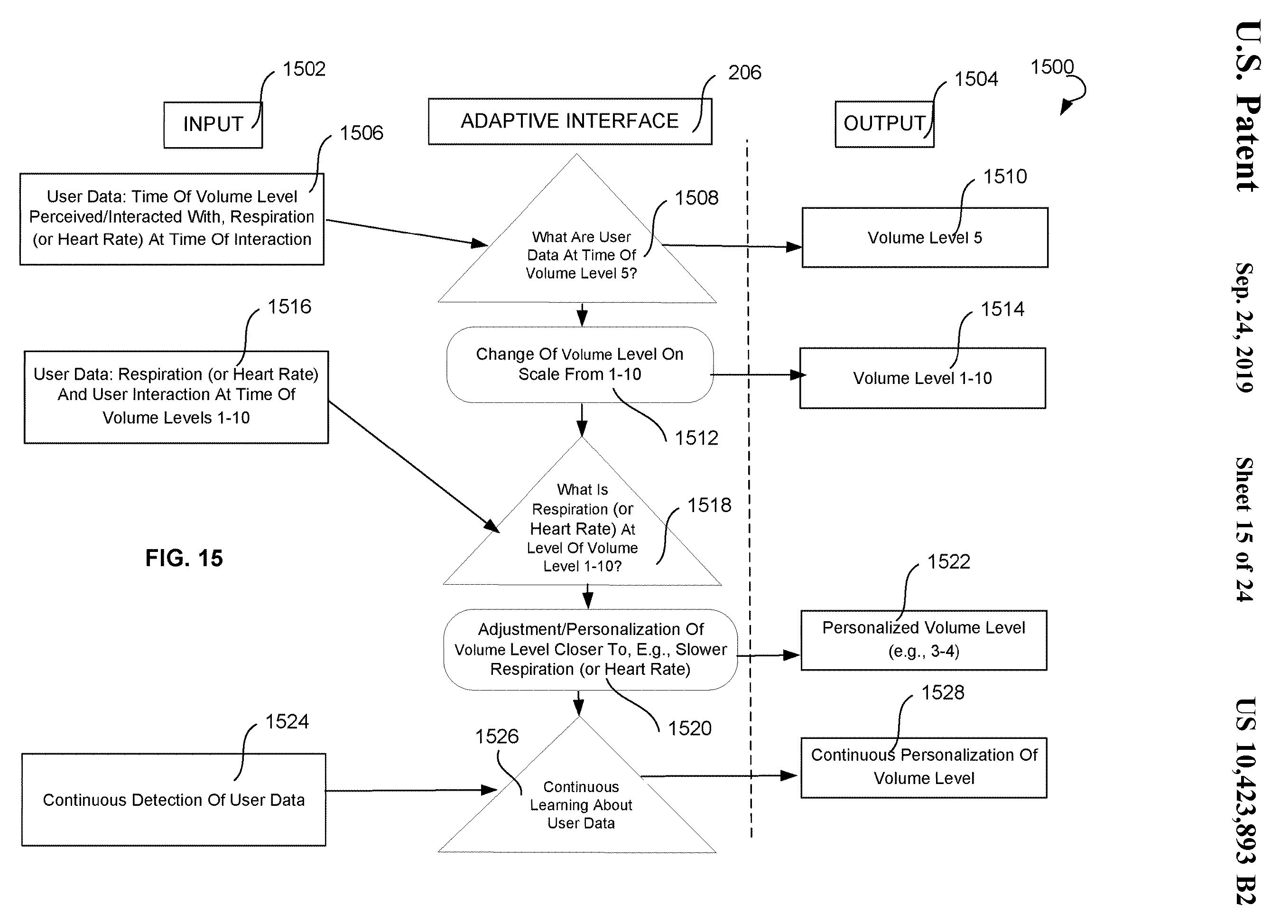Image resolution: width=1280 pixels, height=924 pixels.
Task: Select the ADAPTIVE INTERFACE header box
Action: pyautogui.click(x=569, y=121)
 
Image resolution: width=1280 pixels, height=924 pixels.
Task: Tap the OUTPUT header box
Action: pyautogui.click(x=884, y=124)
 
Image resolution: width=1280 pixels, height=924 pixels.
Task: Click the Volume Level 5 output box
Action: pyautogui.click(x=925, y=238)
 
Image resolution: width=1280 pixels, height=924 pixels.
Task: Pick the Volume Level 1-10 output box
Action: pyautogui.click(x=922, y=378)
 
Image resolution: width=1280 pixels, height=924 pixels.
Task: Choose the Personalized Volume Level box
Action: pyautogui.click(x=923, y=640)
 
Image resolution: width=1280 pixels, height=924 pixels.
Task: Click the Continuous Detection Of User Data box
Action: pyautogui.click(x=174, y=799)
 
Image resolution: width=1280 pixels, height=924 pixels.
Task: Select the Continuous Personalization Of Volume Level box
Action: pyautogui.click(x=923, y=768)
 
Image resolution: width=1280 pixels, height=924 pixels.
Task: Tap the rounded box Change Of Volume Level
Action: pyautogui.click(x=580, y=364)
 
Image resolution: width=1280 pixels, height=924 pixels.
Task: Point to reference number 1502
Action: pyautogui.click(x=304, y=69)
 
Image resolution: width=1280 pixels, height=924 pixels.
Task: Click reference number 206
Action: pyautogui.click(x=744, y=72)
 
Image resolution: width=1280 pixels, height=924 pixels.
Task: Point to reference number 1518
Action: pyautogui.click(x=709, y=505)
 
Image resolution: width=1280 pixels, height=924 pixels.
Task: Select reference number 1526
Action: pyautogui.click(x=497, y=737)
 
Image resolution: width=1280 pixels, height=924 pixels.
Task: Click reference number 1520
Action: pyautogui.click(x=690, y=728)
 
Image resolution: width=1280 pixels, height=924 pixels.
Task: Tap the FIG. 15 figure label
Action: pyautogui.click(x=184, y=558)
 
